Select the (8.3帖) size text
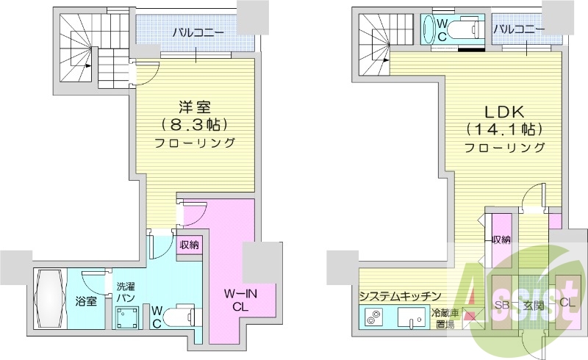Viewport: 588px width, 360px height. point(194,123)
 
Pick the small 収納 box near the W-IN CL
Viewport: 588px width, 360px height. point(190,245)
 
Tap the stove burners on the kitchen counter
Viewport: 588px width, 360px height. point(373,319)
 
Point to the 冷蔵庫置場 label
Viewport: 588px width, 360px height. point(446,318)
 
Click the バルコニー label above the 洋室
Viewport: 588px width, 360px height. point(194,32)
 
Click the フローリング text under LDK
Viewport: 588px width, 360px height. point(505,148)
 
